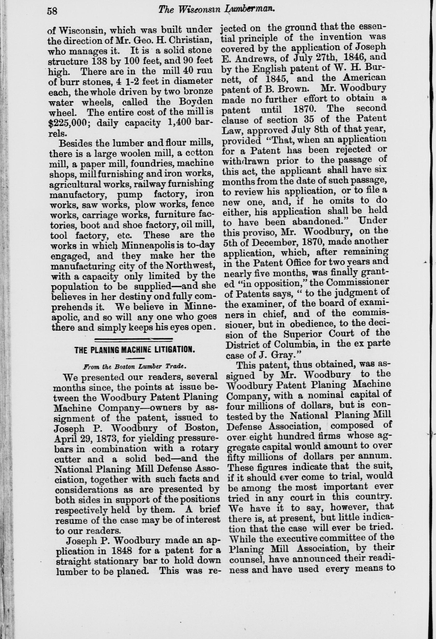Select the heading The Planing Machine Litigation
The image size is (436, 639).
(135, 350)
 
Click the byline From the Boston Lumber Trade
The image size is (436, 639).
(135, 367)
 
